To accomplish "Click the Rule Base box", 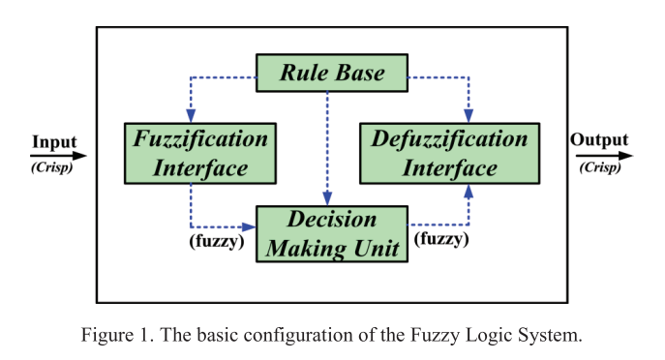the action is (332, 73).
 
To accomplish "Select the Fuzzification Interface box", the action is (200, 154).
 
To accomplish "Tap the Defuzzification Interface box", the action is (449, 154).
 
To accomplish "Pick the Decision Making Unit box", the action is (332, 234).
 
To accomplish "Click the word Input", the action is (55, 142).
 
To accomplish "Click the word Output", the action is (599, 139).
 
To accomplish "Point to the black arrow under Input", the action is (58, 156).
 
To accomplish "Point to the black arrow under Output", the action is (604, 156).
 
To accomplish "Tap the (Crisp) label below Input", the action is (51, 167).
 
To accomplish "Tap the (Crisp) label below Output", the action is (600, 167).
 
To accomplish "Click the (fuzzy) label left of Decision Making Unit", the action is (217, 241).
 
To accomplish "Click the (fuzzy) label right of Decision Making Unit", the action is (441, 239).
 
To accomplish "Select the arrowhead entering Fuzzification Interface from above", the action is (191, 116).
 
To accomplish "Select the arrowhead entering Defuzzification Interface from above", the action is (469, 116).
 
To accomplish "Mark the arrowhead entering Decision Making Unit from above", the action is (327, 198).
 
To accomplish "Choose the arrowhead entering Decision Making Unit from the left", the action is (249, 226).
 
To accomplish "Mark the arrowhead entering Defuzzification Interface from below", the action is (469, 192).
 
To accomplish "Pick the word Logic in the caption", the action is (486, 336).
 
